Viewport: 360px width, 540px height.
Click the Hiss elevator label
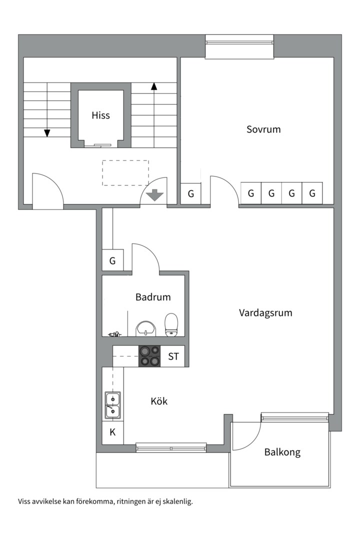[100, 115]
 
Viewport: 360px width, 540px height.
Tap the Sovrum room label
[263, 129]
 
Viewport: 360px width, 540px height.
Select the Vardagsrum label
[265, 312]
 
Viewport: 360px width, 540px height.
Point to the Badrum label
[153, 297]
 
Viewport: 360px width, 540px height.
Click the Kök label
[159, 401]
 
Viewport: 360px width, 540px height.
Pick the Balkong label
[282, 452]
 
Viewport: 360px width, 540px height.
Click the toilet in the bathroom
[171, 324]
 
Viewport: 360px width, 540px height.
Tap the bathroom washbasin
[146, 328]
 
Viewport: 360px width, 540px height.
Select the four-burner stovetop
[149, 356]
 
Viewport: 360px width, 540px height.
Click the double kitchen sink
[112, 405]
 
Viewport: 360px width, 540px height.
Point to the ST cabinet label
[173, 356]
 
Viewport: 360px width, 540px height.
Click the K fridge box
[112, 432]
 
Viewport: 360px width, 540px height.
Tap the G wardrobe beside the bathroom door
[112, 260]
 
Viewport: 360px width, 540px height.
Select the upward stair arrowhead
[154, 86]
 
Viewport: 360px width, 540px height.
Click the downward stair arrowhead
[47, 133]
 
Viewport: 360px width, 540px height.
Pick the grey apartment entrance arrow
[154, 195]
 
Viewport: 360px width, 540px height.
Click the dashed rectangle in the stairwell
[125, 173]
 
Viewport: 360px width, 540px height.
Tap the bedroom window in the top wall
[240, 42]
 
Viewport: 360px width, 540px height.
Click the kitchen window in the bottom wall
[171, 447]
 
